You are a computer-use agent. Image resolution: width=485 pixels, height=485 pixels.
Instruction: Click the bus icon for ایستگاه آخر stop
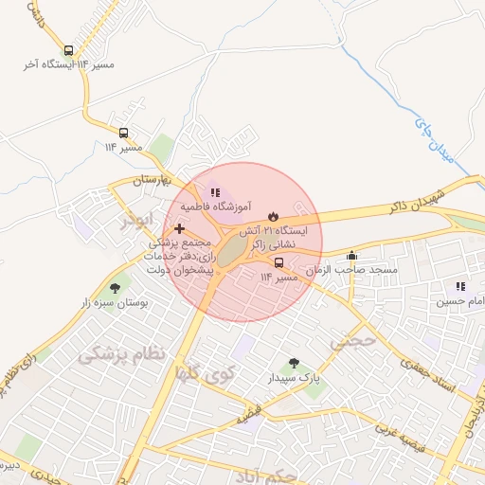tap(68, 51)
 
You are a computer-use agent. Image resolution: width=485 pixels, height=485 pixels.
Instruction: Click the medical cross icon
tap(179, 228)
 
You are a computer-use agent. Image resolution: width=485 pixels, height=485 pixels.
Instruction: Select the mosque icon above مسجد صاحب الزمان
tap(352, 255)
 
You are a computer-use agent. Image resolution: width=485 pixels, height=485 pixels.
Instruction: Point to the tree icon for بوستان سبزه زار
tap(116, 287)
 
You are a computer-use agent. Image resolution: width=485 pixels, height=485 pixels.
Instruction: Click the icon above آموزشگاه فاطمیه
tap(214, 192)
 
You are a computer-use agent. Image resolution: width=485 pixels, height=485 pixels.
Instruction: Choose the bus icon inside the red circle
tap(278, 262)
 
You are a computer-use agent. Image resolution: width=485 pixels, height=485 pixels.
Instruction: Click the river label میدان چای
tap(436, 138)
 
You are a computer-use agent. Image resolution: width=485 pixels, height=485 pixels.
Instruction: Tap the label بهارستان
tap(149, 180)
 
